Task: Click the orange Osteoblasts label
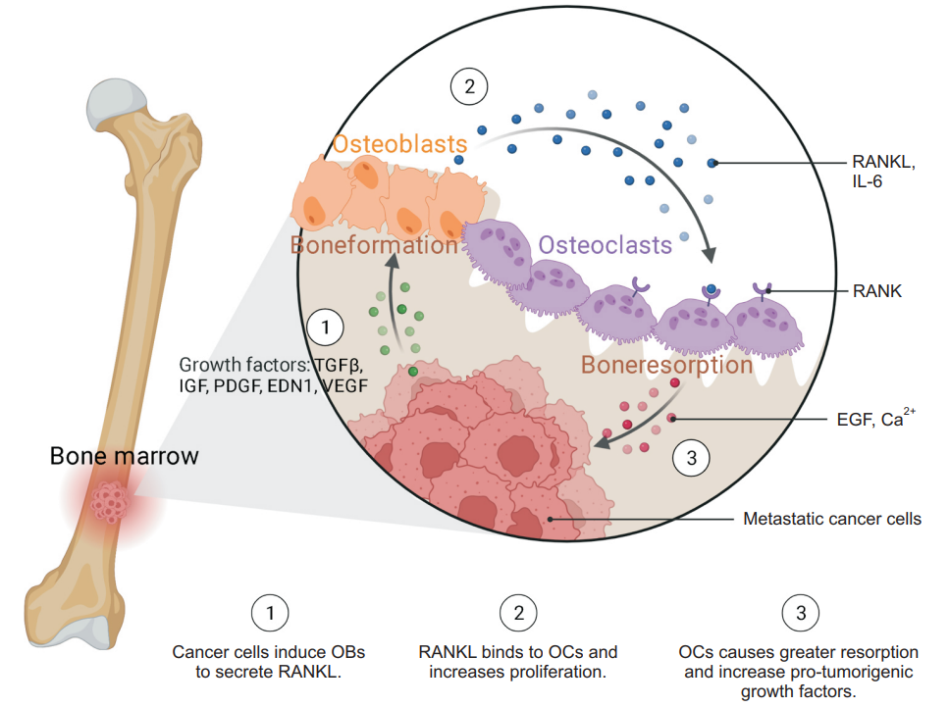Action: click(399, 144)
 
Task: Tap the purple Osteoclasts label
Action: click(606, 245)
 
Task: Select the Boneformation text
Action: click(374, 245)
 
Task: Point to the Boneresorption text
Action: click(667, 365)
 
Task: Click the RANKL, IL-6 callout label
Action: click(883, 172)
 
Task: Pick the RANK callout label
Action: click(877, 291)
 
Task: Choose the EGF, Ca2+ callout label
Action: click(875, 418)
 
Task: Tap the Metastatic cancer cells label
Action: click(832, 519)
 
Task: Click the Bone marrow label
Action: click(124, 456)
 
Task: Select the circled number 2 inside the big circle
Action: click(469, 86)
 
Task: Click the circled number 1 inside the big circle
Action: click(326, 328)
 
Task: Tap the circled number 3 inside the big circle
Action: click(691, 458)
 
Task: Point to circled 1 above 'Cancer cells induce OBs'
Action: click(270, 613)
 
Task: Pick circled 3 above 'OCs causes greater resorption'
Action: click(801, 613)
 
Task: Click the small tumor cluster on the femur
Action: click(110, 502)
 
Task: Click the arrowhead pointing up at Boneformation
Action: click(393, 260)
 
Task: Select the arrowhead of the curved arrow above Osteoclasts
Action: click(710, 254)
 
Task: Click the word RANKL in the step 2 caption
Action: click(448, 652)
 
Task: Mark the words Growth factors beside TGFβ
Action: click(244, 365)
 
